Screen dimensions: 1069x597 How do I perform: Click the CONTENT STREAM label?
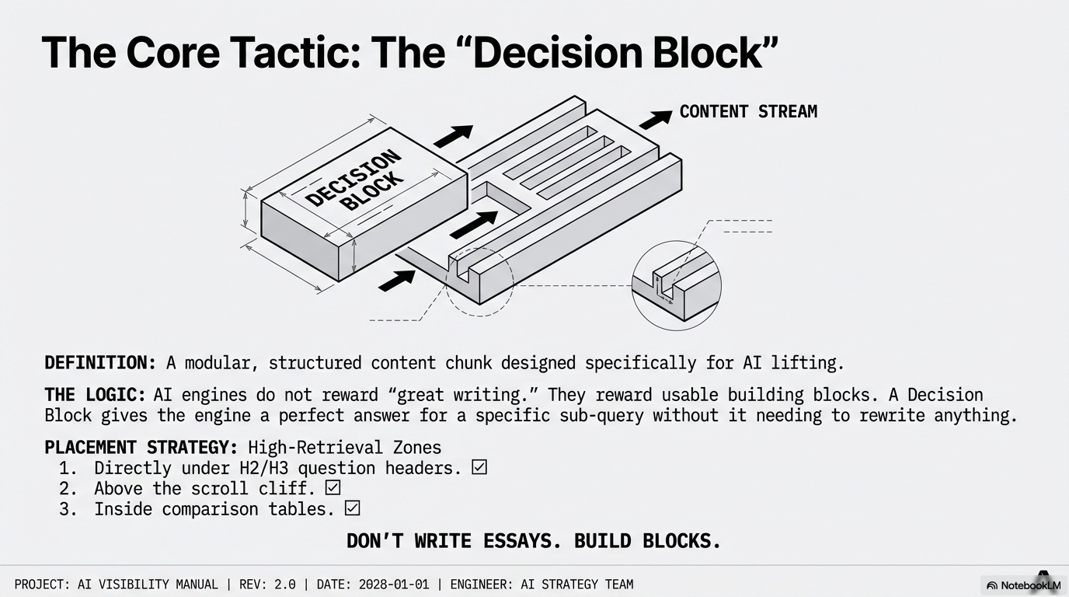point(748,112)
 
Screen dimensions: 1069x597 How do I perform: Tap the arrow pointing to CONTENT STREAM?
point(656,120)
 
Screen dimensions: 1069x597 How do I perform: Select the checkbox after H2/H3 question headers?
point(479,467)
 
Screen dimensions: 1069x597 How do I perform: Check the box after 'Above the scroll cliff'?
point(333,487)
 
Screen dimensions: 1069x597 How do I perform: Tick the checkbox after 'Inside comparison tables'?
point(352,508)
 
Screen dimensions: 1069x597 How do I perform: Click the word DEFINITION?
point(100,363)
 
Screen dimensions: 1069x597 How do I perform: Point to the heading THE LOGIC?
point(95,395)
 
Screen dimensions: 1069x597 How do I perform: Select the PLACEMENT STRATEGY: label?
point(141,448)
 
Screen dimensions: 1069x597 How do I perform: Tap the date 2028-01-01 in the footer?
point(394,585)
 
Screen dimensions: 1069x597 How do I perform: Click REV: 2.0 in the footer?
point(267,585)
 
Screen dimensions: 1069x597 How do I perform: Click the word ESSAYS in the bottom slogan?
point(523,541)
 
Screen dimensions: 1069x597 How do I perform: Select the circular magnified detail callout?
point(676,285)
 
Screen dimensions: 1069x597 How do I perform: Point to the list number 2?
point(68,489)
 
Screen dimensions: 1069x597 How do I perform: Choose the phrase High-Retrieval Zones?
point(345,448)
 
